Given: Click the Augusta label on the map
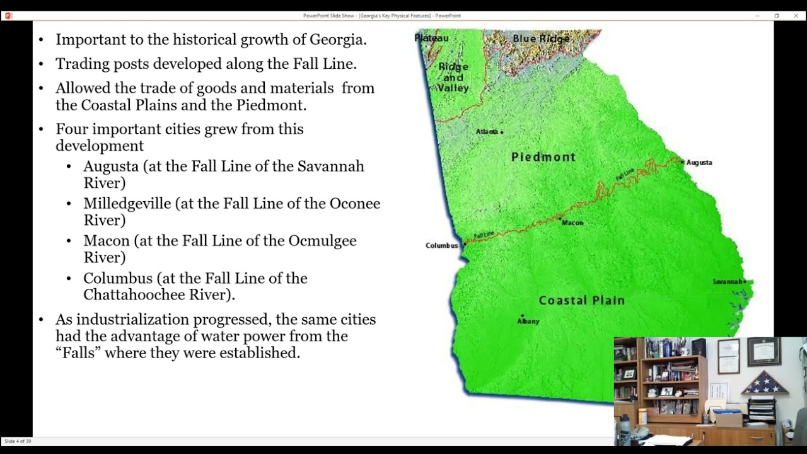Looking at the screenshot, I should tap(699, 163).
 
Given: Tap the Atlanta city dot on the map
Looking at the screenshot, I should tap(502, 132).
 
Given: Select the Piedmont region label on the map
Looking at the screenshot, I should tap(543, 157).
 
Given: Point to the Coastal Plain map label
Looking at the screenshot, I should tap(581, 301).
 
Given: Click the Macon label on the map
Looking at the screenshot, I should tap(572, 223).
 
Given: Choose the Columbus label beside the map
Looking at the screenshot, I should tap(441, 245).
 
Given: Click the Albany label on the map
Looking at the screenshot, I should tap(528, 321).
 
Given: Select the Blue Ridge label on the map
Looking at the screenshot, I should tap(541, 39).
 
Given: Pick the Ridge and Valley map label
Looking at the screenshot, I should tap(453, 77).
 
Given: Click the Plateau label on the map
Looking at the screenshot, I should tap(432, 38).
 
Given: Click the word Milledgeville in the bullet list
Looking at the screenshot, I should tap(127, 204).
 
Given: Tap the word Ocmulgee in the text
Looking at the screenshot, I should tap(322, 241).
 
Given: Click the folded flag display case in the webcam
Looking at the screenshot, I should tap(764, 383).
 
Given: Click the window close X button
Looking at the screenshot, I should tap(796, 16).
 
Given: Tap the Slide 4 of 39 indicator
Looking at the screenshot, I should tap(18, 441).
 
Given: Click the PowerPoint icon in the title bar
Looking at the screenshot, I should tap(8, 16).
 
